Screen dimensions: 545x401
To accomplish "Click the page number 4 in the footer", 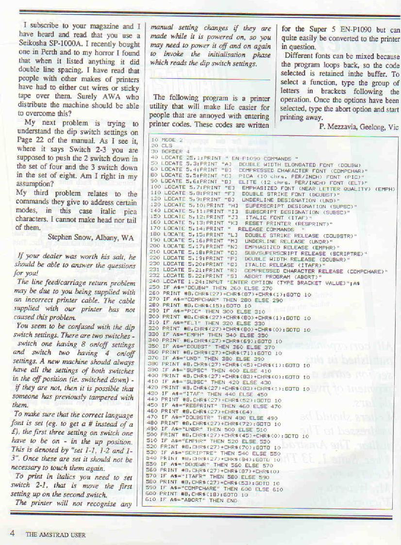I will click(11, 533).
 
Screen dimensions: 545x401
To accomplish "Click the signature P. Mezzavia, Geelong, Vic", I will click(359, 127).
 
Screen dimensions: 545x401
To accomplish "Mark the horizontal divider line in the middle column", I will click(210, 80).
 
